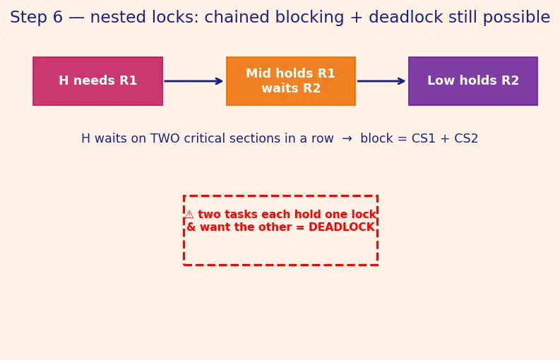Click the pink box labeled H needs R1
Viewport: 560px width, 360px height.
tap(97, 81)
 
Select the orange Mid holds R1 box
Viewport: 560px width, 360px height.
tap(291, 81)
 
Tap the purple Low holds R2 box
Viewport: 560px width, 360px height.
tap(473, 81)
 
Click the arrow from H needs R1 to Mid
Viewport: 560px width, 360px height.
tap(193, 81)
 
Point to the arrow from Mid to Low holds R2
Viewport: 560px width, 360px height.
tap(381, 81)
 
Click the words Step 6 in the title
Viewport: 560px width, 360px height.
tap(36, 17)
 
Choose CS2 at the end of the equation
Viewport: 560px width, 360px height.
tap(465, 138)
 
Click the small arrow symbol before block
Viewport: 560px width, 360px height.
tap(347, 138)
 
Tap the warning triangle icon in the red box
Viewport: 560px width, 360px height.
tap(189, 215)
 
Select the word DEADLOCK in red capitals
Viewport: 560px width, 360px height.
tap(341, 227)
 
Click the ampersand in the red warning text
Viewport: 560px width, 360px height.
tap(191, 227)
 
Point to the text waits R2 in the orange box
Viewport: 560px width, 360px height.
tap(291, 88)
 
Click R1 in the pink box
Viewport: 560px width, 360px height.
tap(129, 80)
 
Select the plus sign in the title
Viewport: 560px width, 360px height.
tap(357, 18)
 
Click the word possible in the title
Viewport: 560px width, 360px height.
tap(516, 17)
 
